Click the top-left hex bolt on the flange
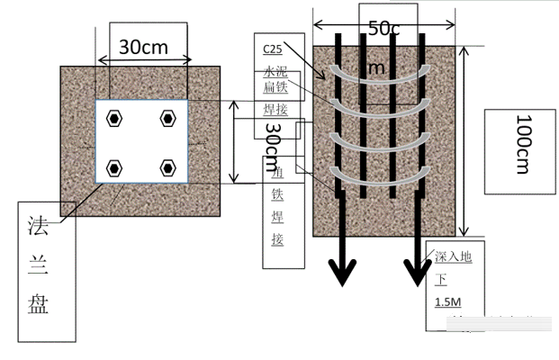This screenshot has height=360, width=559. pyautogui.click(x=114, y=118)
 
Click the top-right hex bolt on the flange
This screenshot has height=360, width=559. pyautogui.click(x=167, y=118)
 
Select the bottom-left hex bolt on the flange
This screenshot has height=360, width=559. pyautogui.click(x=114, y=167)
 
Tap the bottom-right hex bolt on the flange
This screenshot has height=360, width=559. pyautogui.click(x=167, y=167)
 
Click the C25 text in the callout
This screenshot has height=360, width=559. pyautogui.click(x=272, y=48)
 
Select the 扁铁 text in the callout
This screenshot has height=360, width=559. pyautogui.click(x=275, y=88)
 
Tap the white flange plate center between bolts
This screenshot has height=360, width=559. pyautogui.click(x=141, y=142)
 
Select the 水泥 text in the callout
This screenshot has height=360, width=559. pyautogui.click(x=275, y=69)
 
